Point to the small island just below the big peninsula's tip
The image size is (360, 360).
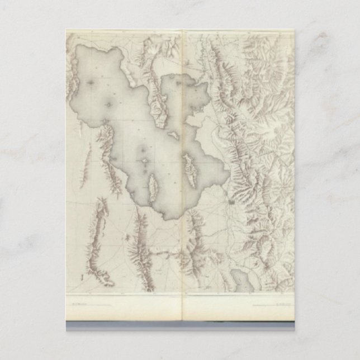[174, 135]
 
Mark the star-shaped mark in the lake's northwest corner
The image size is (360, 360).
[91, 82]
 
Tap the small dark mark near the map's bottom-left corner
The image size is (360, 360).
[82, 277]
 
